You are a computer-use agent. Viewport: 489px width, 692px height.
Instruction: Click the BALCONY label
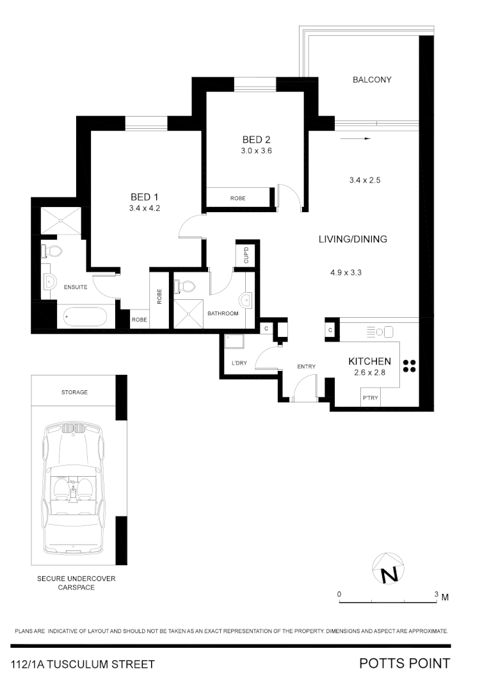(372, 80)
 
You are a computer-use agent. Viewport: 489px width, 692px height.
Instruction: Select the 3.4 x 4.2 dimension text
(144, 208)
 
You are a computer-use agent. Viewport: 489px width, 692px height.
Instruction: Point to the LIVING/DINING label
(353, 239)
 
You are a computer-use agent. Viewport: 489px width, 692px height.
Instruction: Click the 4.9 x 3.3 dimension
(346, 272)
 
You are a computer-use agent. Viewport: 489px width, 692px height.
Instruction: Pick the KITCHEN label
(369, 361)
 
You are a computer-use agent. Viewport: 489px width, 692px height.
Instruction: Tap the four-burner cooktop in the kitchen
(410, 367)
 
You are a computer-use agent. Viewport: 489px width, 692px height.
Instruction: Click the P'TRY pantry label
(370, 398)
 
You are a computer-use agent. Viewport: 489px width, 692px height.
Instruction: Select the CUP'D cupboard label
(246, 255)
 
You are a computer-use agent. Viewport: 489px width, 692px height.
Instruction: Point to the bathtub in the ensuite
(86, 317)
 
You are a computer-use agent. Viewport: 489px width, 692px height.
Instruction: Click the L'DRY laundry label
(239, 363)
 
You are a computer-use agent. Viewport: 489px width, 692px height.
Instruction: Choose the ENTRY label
(307, 367)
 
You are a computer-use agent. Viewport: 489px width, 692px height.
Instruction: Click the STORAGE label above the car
(75, 392)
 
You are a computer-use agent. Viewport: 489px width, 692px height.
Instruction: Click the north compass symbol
(389, 569)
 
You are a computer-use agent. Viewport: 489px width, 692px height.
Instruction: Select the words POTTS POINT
(405, 664)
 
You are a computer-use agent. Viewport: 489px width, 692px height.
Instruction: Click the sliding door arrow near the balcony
(355, 138)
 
